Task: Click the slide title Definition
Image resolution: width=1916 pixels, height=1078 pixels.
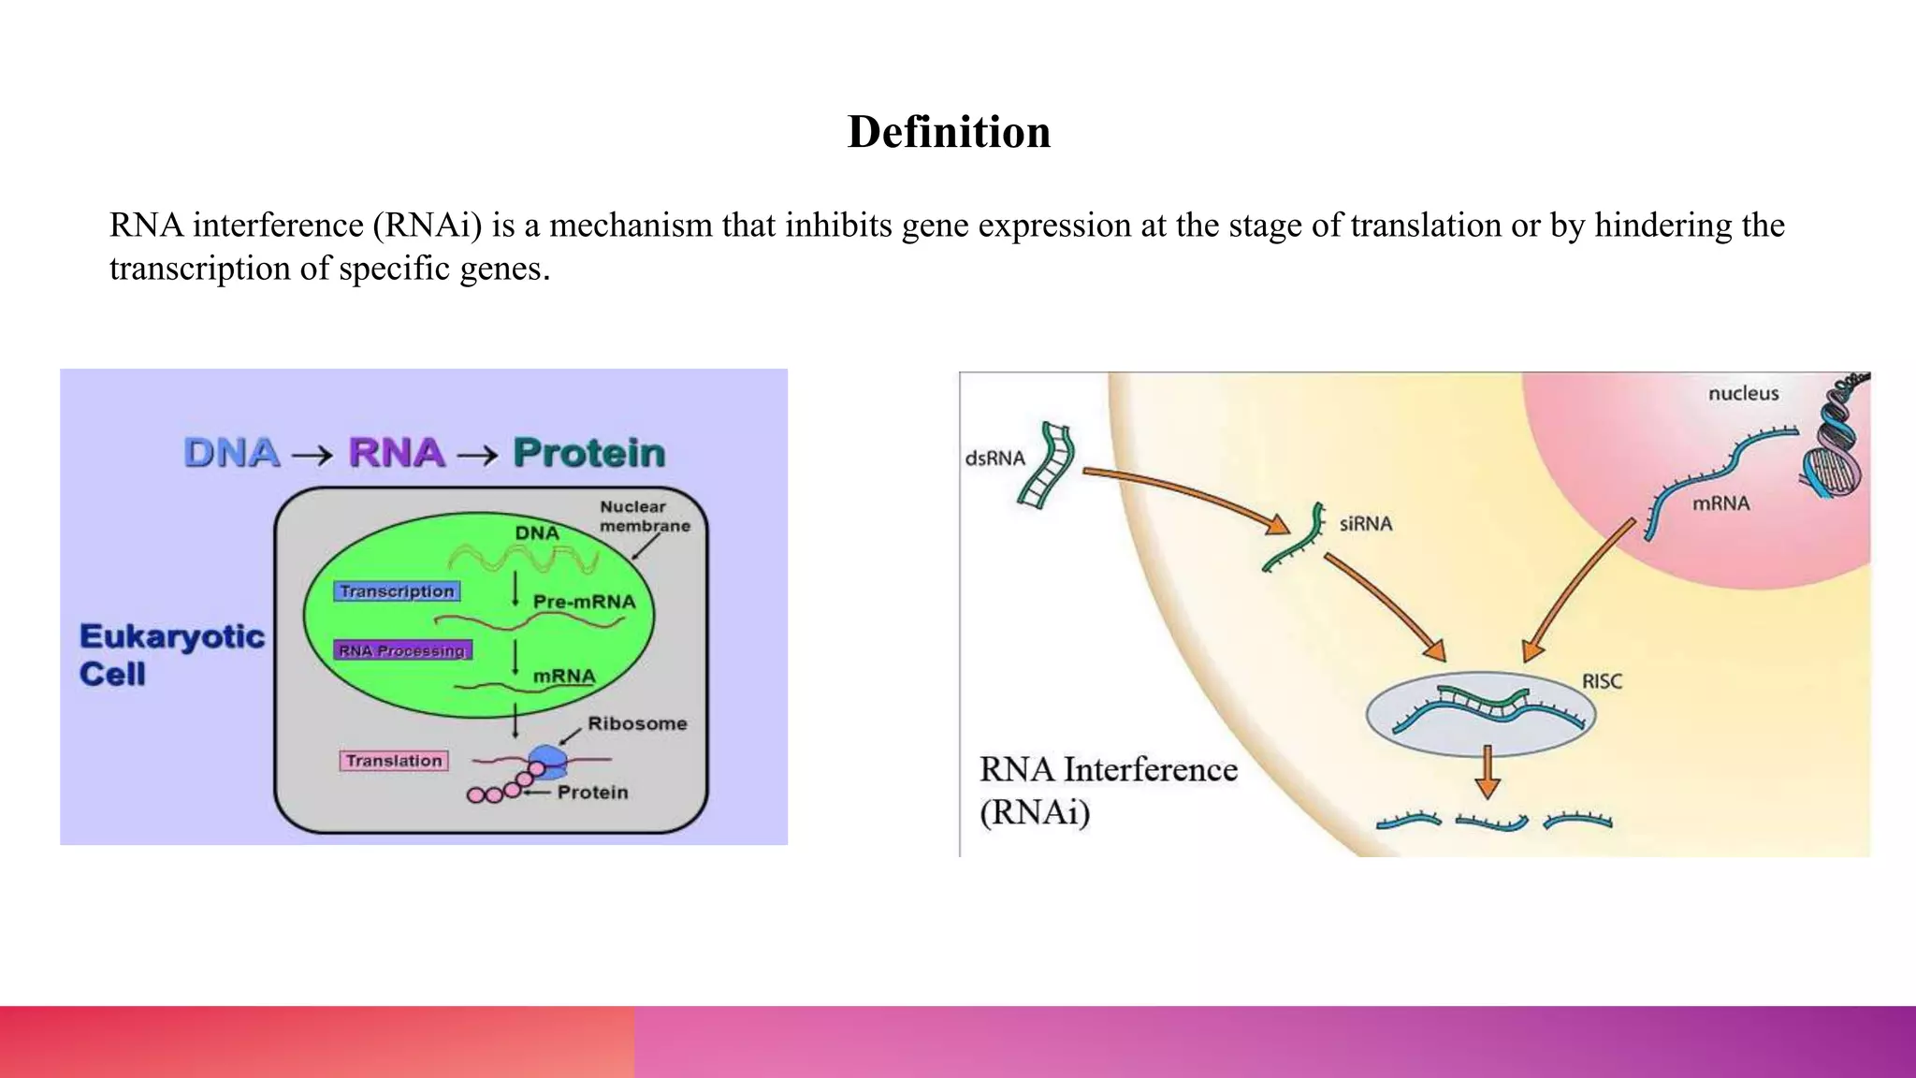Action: coord(949,132)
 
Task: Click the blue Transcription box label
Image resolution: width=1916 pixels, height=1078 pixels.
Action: coord(397,591)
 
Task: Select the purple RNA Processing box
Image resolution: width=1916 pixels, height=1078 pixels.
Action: coord(402,650)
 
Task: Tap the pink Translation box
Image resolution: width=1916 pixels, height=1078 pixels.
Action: coord(394,761)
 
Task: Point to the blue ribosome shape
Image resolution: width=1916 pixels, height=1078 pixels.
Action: coord(548,760)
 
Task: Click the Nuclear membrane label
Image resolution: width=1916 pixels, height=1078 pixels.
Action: coord(644,517)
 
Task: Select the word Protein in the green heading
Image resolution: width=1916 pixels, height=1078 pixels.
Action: coord(589,453)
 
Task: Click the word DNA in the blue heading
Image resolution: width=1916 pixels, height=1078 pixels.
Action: coord(232,453)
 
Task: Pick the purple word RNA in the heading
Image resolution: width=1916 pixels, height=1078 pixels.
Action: coord(397,453)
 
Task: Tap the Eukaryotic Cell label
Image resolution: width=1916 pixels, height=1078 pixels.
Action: coord(171,655)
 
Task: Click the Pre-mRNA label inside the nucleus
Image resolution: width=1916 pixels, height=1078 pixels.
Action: coord(584,602)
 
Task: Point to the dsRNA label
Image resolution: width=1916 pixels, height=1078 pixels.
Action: coord(994,459)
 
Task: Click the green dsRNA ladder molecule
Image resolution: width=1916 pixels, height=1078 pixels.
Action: coord(1046,466)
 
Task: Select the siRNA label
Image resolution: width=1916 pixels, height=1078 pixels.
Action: coord(1365,524)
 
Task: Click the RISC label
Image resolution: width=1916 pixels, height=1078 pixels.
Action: coord(1602,681)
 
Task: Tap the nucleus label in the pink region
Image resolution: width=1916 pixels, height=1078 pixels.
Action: coord(1743,394)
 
